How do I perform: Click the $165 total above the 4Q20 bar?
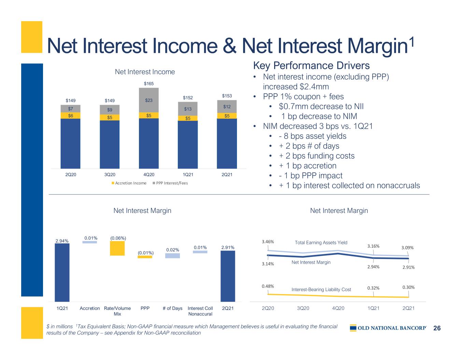(x=149, y=84)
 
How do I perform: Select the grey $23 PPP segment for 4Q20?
(x=149, y=100)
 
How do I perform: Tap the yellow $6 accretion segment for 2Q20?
(x=70, y=116)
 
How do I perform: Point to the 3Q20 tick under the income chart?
(x=109, y=175)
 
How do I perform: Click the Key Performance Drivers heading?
(x=311, y=65)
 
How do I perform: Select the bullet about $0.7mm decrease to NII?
(x=321, y=106)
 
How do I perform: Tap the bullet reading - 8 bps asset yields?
(x=312, y=136)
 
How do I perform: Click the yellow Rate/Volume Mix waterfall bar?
(x=117, y=248)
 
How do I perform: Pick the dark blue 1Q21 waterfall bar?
(x=62, y=272)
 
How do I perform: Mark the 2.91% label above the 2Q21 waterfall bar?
(x=227, y=247)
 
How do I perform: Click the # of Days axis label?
(x=172, y=308)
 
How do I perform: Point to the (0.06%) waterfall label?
(x=117, y=237)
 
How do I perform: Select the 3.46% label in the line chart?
(x=268, y=242)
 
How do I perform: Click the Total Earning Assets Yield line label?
(x=321, y=243)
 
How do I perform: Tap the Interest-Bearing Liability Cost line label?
(x=321, y=290)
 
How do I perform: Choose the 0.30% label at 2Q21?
(x=408, y=287)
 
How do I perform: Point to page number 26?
(x=437, y=328)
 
